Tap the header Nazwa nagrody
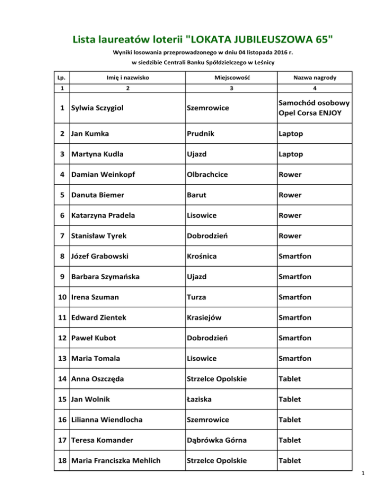314,78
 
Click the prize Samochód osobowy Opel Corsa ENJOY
314,108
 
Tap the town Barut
197,195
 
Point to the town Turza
197,297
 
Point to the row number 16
62,420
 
